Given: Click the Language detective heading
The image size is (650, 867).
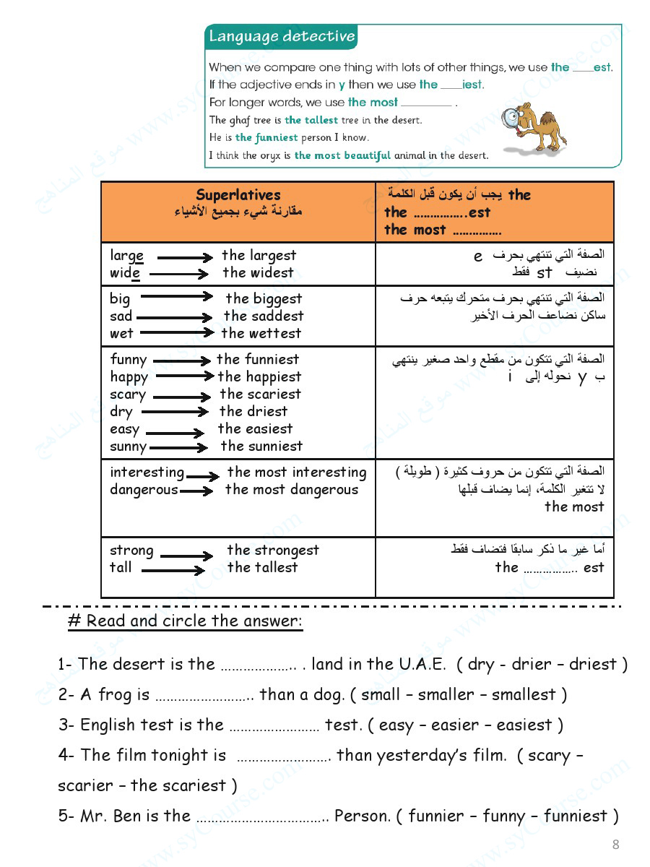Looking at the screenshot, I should [x=282, y=37].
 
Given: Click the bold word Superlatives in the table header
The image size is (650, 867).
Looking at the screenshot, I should [x=238, y=195].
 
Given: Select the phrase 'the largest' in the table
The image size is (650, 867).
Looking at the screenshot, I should [x=259, y=255].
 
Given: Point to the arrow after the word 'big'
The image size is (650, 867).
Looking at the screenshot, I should [x=177, y=297].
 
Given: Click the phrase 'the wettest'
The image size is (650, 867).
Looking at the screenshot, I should [x=261, y=333].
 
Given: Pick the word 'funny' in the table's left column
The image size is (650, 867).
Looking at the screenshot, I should [x=129, y=360].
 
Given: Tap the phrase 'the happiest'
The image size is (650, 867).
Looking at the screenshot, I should [x=259, y=376].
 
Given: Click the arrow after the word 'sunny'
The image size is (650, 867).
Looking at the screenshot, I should [x=178, y=448].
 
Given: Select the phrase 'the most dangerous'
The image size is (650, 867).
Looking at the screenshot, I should [x=292, y=490].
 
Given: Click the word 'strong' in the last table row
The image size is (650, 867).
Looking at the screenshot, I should [x=131, y=551].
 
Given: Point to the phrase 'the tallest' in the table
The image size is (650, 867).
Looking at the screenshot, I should [x=262, y=568].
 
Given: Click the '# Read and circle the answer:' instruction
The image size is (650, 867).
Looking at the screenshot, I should [x=185, y=621].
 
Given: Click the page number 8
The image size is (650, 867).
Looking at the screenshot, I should [x=615, y=844].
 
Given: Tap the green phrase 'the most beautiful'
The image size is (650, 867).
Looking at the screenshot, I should [x=342, y=155].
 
